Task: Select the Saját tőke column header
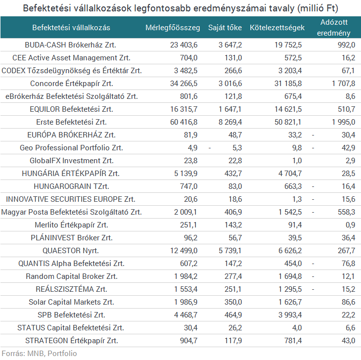pyautogui.click(x=225, y=28)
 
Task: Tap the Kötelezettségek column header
pyautogui.click(x=277, y=28)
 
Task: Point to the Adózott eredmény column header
pyautogui.click(x=333, y=28)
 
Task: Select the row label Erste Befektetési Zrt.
pyautogui.click(x=71, y=122)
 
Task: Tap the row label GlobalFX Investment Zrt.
pyautogui.click(x=71, y=160)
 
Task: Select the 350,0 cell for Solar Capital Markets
pyautogui.click(x=232, y=302)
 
